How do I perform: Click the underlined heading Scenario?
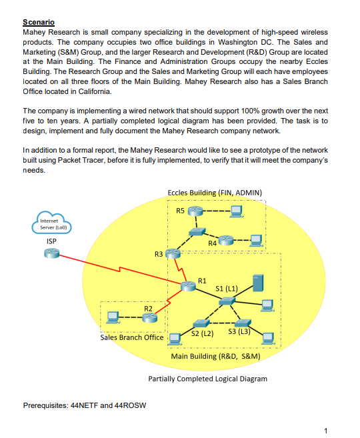coord(39,23)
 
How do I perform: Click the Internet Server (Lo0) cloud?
coord(51,223)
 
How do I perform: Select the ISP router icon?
coord(52,255)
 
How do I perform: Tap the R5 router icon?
coord(195,212)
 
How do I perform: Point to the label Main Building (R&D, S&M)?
coord(215,357)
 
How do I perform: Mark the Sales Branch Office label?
coord(132,337)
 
